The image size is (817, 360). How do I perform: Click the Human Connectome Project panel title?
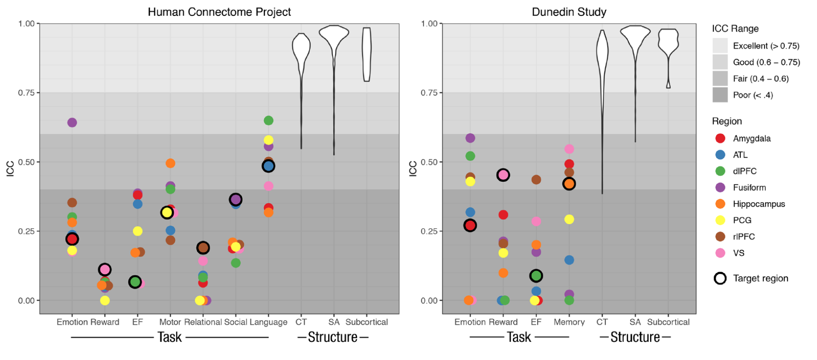click(x=219, y=12)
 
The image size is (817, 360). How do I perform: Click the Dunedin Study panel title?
click(x=569, y=12)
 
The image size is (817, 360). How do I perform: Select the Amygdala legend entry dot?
click(x=720, y=139)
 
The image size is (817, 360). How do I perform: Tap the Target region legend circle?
click(x=720, y=278)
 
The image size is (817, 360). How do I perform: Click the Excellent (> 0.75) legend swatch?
click(x=720, y=46)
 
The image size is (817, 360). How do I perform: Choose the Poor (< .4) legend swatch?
click(x=720, y=95)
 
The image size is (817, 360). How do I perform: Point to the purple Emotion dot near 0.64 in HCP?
click(x=72, y=123)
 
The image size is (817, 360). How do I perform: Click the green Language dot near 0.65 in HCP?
click(x=269, y=121)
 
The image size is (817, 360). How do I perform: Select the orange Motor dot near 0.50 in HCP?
click(x=171, y=163)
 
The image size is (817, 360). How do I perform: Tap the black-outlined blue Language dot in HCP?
click(x=269, y=166)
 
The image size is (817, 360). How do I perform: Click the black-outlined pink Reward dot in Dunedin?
click(x=503, y=175)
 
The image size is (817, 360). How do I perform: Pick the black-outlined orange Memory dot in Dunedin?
click(x=569, y=184)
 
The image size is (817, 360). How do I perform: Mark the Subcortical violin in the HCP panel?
click(x=367, y=54)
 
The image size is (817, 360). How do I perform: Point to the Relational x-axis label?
click(x=203, y=322)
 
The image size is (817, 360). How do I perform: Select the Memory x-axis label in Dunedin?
click(x=569, y=322)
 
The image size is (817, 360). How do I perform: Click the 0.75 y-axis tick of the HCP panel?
click(x=26, y=93)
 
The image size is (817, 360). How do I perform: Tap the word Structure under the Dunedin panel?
click(x=635, y=337)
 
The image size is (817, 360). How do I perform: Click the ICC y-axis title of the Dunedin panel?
click(x=413, y=168)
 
